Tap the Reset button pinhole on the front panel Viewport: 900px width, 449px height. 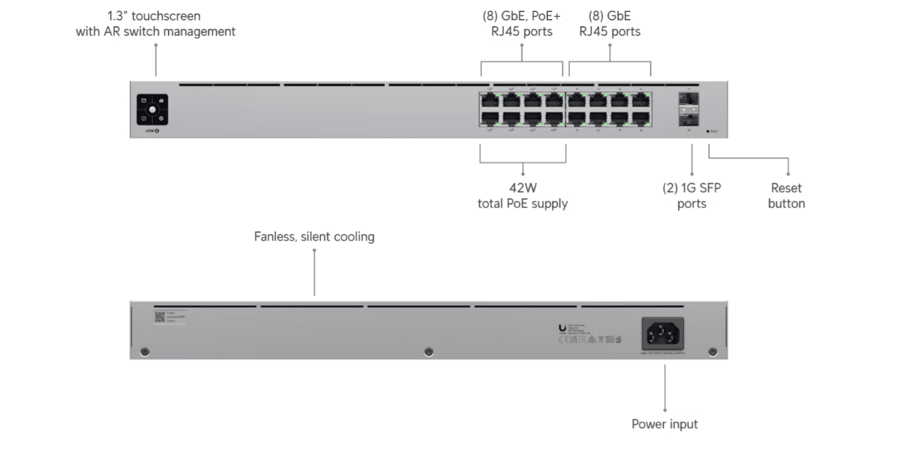click(707, 132)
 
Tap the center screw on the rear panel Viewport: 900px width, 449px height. click(428, 351)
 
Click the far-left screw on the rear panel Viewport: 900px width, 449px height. click(144, 351)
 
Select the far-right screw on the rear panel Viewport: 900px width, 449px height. click(712, 351)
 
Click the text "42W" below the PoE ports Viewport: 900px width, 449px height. click(523, 189)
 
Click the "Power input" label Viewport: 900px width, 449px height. click(664, 424)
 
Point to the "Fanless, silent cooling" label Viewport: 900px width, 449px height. click(314, 237)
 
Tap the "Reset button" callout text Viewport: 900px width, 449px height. click(786, 196)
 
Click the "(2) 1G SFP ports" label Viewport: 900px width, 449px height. click(692, 196)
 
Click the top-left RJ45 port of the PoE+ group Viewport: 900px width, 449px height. click(490, 101)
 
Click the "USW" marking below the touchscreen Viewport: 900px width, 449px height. click(149, 130)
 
